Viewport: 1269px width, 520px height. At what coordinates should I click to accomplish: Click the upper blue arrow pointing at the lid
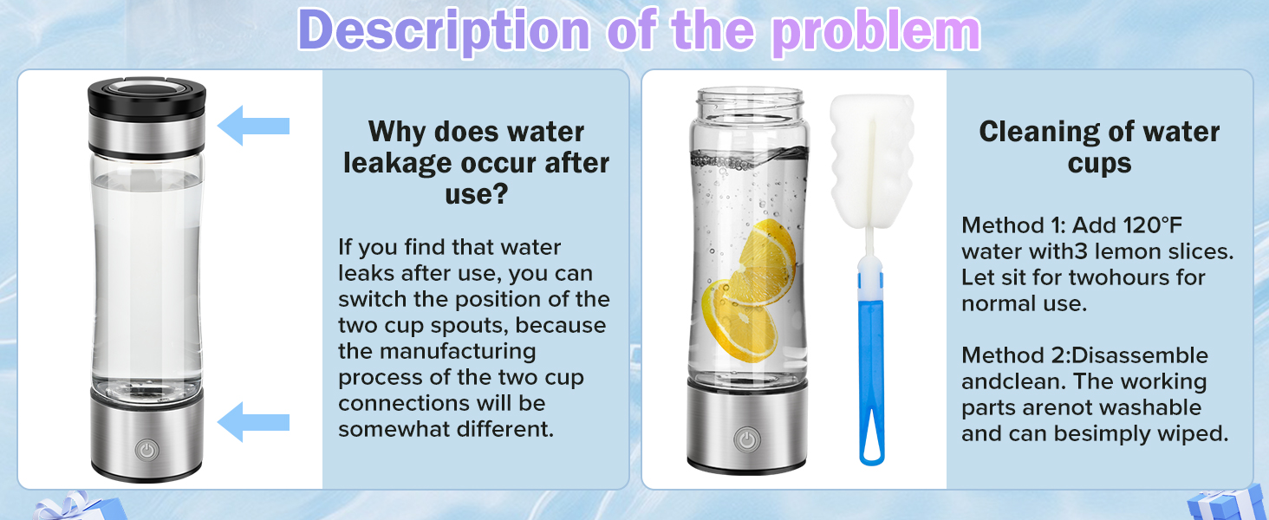[253, 127]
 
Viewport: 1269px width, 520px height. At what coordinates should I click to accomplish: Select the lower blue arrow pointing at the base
[253, 422]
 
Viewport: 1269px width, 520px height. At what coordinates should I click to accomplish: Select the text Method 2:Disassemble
[1084, 355]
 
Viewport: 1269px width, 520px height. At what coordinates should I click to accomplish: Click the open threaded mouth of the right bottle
[749, 98]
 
